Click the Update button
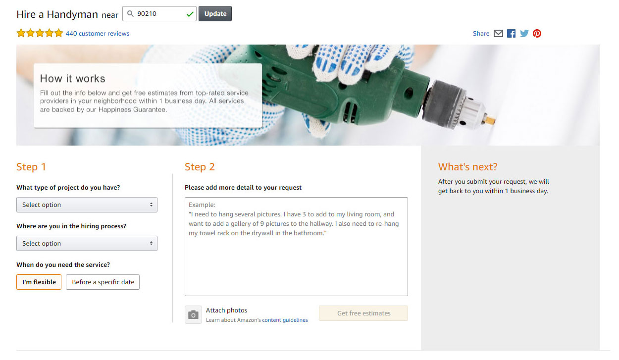click(x=215, y=14)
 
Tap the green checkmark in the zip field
click(x=190, y=14)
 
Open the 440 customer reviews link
click(x=98, y=34)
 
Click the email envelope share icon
click(x=498, y=34)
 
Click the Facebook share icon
click(x=511, y=34)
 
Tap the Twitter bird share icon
click(x=524, y=34)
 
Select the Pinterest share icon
click(x=537, y=34)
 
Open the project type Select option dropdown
click(x=87, y=205)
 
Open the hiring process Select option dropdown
click(x=87, y=244)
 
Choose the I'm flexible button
click(x=39, y=282)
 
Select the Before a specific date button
click(x=103, y=282)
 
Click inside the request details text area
click(x=296, y=262)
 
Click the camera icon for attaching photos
click(x=193, y=314)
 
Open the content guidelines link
click(x=285, y=320)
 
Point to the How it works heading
click(x=73, y=79)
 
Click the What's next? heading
click(x=467, y=167)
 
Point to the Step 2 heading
click(x=200, y=167)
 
